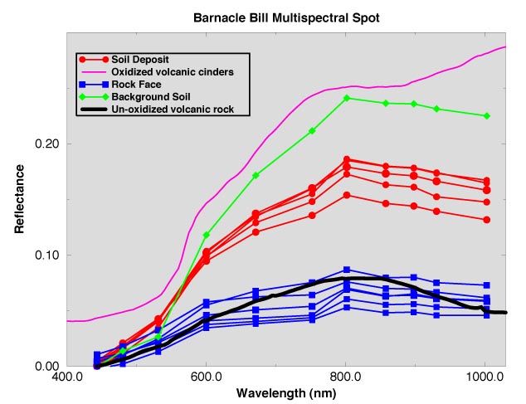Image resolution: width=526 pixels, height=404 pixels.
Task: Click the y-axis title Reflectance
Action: click(x=19, y=198)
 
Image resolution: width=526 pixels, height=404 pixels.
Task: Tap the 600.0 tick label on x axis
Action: click(x=207, y=377)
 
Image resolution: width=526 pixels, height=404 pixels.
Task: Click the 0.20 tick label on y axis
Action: click(x=46, y=144)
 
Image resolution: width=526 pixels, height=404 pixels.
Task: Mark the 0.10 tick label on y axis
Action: click(x=46, y=255)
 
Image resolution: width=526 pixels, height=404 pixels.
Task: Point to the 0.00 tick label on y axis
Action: click(x=46, y=366)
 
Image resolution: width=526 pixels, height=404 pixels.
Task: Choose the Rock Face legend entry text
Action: click(x=138, y=85)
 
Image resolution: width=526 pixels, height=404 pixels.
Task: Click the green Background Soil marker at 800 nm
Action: click(x=347, y=98)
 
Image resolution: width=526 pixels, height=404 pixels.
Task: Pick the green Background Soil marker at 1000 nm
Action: click(x=487, y=116)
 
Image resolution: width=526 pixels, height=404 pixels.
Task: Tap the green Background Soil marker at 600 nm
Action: click(x=207, y=235)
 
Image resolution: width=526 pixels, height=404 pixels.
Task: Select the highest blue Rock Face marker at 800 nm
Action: click(x=347, y=270)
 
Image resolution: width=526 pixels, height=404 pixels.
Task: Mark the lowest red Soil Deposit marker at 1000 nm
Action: click(x=487, y=220)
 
